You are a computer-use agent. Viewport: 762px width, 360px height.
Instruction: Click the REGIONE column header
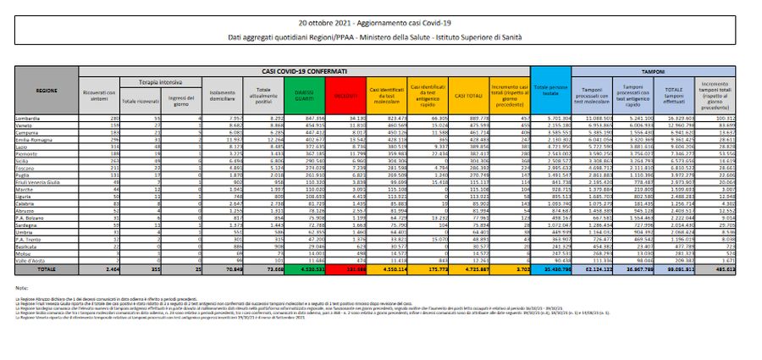tap(47, 88)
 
